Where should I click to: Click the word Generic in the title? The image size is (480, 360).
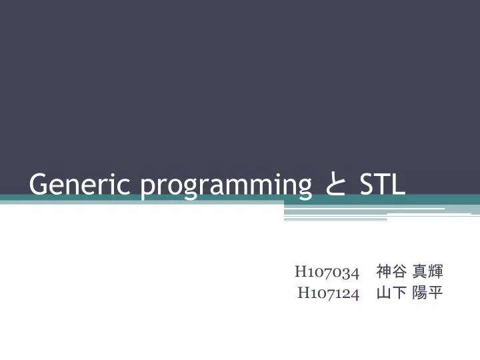(79, 184)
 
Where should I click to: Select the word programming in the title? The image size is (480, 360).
(226, 185)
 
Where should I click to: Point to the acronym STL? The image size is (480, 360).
(382, 184)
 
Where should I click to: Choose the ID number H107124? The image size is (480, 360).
(328, 293)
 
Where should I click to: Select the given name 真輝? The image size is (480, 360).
(427, 271)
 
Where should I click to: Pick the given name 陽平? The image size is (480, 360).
(427, 293)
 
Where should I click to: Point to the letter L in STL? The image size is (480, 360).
(398, 184)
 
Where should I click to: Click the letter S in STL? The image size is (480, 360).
(367, 184)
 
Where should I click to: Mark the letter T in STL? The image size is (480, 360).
(383, 184)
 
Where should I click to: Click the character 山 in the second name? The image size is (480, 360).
(383, 293)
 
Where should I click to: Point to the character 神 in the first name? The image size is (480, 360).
(383, 271)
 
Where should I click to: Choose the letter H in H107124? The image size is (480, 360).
(303, 293)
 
